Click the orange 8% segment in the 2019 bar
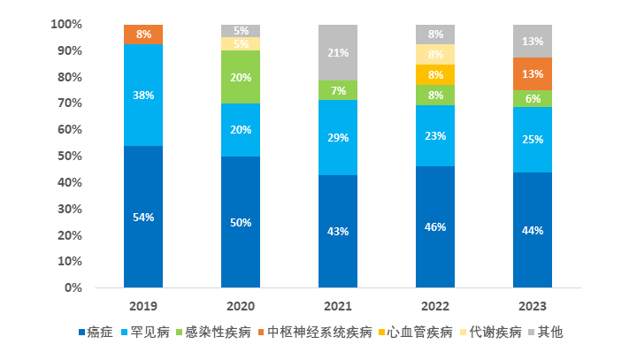coord(143,34)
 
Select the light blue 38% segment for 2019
coord(143,95)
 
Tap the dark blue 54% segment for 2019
coord(143,217)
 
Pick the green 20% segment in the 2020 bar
coord(241,77)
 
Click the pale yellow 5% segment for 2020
coord(241,44)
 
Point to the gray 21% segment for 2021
coord(338,53)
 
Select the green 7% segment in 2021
coord(338,91)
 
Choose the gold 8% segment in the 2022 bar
coord(435,74)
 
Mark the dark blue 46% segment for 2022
coord(435,226)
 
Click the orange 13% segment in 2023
coord(533,74)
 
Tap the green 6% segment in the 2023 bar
coord(533,99)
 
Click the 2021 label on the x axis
coord(338,306)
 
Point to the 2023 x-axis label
coord(533,306)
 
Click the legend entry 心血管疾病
coord(421,333)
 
